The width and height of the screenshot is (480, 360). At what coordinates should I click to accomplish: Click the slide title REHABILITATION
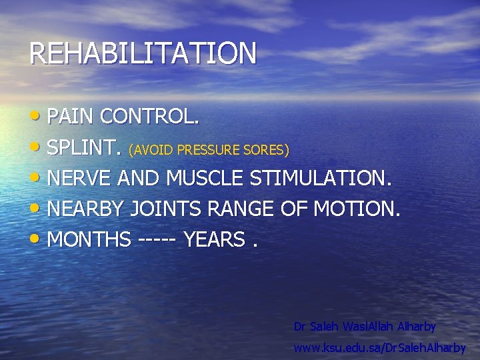click(143, 53)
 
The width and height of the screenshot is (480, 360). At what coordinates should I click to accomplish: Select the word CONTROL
click(149, 117)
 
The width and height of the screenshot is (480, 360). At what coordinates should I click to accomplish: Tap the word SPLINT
click(85, 147)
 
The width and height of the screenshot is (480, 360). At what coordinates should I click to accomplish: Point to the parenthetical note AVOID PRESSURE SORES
click(209, 149)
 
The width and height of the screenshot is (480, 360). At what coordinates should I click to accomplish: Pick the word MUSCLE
click(205, 178)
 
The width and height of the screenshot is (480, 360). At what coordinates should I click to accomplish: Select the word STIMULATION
click(321, 178)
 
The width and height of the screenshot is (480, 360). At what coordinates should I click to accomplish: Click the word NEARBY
click(85, 209)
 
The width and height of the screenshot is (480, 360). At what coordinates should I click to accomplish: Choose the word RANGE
click(241, 209)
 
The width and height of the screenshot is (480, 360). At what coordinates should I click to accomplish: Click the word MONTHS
click(89, 239)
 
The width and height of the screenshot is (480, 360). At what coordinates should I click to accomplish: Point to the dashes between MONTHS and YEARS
click(157, 240)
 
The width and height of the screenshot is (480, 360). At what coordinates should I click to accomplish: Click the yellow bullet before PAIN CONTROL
click(37, 116)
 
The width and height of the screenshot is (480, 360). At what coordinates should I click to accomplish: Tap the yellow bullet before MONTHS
click(37, 238)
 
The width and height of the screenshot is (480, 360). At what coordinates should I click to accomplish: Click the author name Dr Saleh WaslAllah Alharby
click(365, 327)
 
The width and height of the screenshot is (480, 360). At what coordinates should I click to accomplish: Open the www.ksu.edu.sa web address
click(379, 348)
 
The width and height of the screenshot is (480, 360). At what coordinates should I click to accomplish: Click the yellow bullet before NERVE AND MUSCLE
click(37, 177)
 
